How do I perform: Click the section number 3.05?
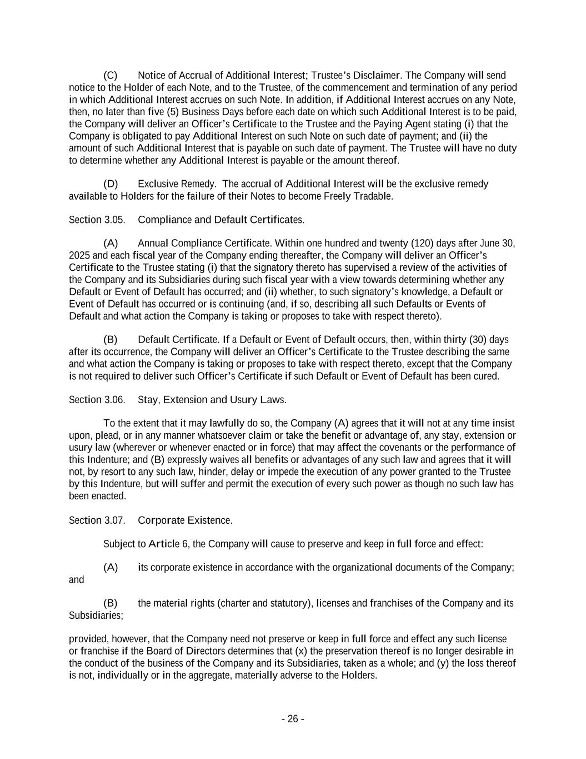(x=114, y=220)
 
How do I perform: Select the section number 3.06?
(x=114, y=400)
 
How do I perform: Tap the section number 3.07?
(x=114, y=520)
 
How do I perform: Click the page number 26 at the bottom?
(x=292, y=719)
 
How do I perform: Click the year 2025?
(x=79, y=256)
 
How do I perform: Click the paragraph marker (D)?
(x=111, y=184)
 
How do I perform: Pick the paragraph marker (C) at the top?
(x=111, y=76)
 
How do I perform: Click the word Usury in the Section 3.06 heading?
(x=244, y=400)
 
